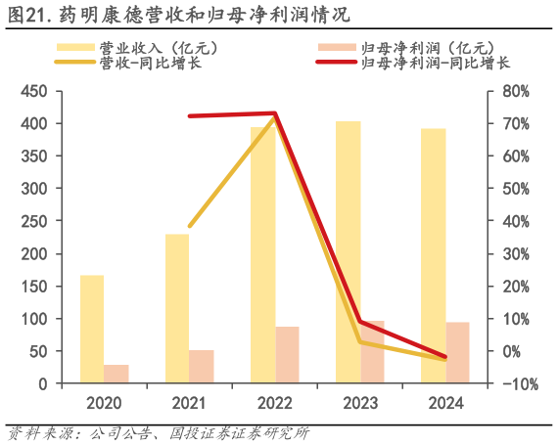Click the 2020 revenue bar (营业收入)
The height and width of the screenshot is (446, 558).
tap(92, 329)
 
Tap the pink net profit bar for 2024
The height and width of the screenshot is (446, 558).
tap(458, 352)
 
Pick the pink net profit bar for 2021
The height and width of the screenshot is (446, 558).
tap(202, 367)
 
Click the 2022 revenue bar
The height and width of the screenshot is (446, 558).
tap(262, 255)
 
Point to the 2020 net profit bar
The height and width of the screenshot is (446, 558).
tap(116, 374)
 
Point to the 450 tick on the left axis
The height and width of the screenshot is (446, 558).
tap(35, 91)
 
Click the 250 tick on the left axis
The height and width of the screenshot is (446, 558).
tap(35, 221)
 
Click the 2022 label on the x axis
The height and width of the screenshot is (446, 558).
tap(275, 402)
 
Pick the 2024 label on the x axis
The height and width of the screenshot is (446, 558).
tap(445, 402)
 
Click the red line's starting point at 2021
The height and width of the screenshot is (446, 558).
tap(189, 115)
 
